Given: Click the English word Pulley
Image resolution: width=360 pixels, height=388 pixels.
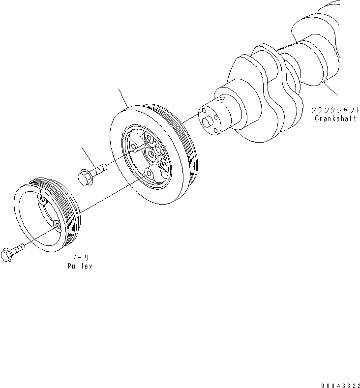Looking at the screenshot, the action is (x=80, y=266).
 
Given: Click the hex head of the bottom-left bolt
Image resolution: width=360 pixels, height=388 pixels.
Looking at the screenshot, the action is (x=7, y=254).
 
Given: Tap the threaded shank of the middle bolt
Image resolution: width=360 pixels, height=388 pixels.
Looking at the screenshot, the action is (x=99, y=169).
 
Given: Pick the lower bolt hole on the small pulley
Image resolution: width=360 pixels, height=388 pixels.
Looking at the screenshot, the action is (x=58, y=225).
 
